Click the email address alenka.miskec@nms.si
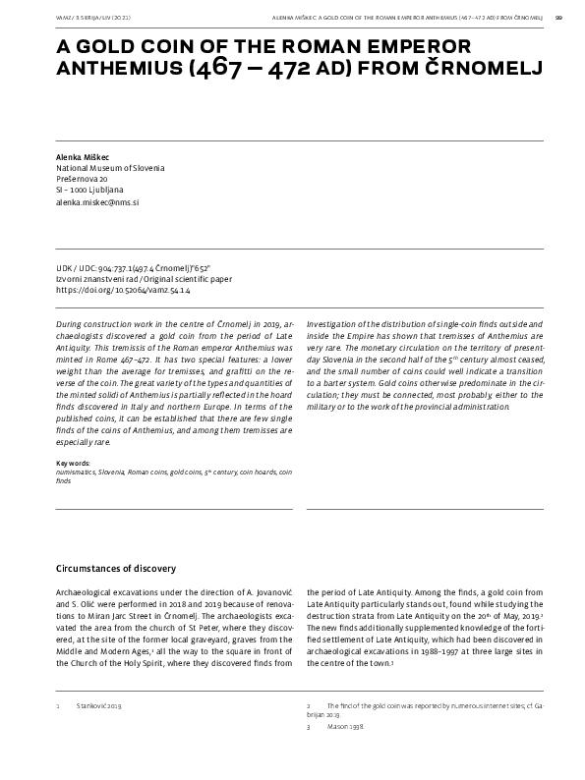click(97, 200)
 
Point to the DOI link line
click(123, 290)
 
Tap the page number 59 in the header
click(558, 16)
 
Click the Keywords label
click(73, 463)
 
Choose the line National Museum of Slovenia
click(110, 168)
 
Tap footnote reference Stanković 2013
click(98, 706)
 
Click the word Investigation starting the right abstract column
click(335, 323)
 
